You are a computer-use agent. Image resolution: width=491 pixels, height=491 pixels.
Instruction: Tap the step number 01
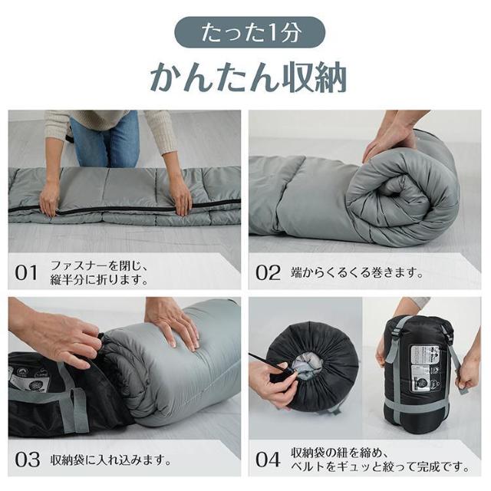(27, 272)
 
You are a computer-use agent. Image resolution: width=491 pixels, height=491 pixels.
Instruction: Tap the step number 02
(269, 272)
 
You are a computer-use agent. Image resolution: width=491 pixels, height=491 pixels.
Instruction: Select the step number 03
(27, 460)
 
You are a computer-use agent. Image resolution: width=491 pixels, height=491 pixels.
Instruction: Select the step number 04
(269, 460)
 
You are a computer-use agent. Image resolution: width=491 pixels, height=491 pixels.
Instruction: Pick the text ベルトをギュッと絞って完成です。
(380, 466)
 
